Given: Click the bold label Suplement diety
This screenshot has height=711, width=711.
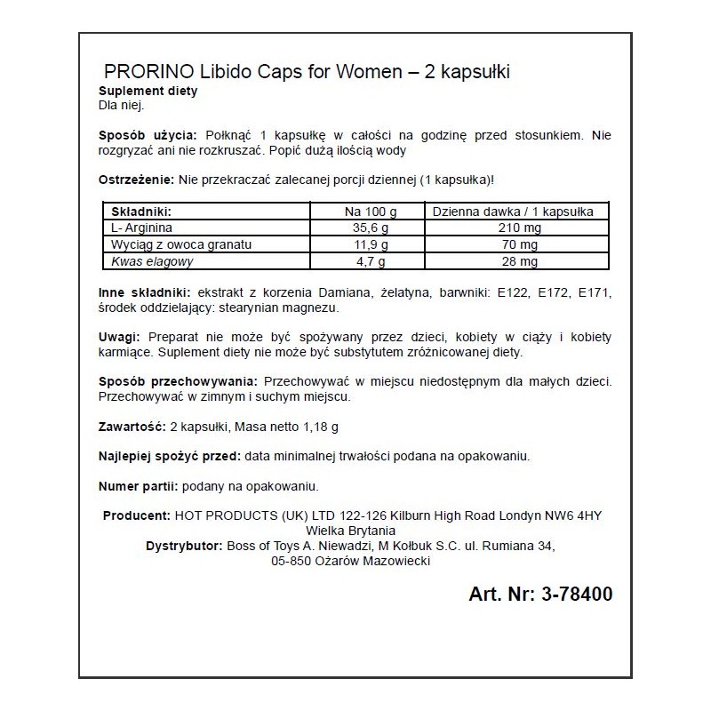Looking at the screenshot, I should coord(148,92).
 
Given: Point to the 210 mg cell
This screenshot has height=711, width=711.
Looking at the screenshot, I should coord(512,228).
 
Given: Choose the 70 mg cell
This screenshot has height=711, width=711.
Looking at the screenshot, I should coord(512,245).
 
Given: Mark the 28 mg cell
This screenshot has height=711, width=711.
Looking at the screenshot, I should coord(512,262).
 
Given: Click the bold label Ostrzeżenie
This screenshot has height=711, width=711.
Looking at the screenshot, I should coord(136,179).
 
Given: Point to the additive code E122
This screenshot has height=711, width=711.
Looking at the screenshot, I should coord(488,292).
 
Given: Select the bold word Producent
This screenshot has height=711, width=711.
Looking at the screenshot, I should coord(136,516).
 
